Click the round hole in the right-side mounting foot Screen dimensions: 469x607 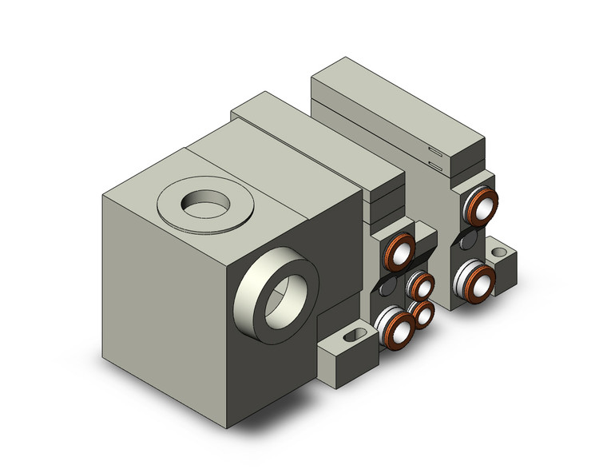pos(501,254)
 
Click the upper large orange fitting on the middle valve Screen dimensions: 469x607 pos(400,253)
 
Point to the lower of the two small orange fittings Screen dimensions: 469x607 pos(422,314)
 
